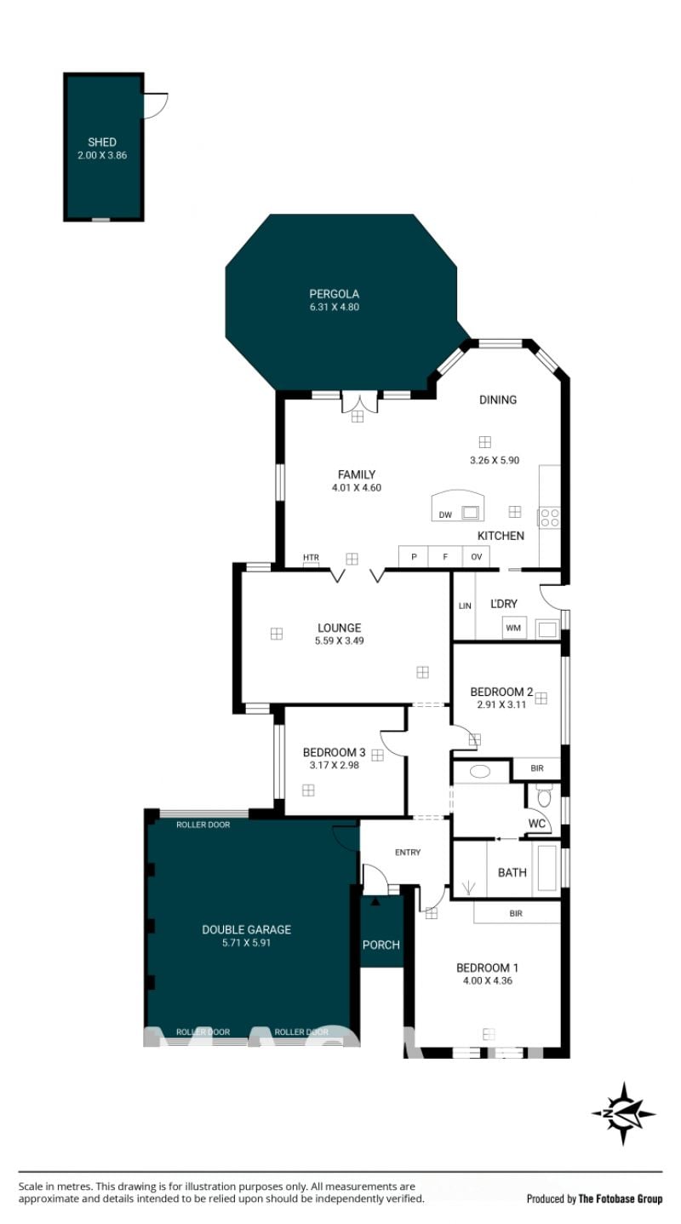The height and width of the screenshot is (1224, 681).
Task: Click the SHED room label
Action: [102, 142]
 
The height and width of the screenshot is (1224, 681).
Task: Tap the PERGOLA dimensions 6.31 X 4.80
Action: [335, 307]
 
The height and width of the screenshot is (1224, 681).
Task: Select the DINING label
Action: [497, 400]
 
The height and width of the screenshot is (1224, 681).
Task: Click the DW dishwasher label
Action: [445, 514]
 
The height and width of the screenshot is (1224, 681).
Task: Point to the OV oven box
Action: [476, 557]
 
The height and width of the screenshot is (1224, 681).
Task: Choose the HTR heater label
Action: [311, 557]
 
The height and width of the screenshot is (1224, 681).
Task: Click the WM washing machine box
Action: [513, 628]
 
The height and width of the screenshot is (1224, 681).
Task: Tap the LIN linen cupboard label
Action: [465, 606]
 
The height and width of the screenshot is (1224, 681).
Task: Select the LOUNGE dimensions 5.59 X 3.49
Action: [339, 641]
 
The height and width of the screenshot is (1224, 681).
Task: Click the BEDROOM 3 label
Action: [335, 752]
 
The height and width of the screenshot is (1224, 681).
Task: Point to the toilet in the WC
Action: [544, 796]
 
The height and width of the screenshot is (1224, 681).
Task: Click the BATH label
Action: [512, 873]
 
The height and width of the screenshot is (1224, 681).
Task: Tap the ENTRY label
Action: [408, 853]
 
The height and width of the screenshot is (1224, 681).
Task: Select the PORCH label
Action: [381, 945]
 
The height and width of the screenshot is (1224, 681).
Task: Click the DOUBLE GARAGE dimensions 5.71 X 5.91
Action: [246, 943]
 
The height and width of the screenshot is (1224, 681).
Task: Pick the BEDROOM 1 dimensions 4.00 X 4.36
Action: [488, 980]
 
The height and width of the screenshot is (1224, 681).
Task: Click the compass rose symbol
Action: [623, 1113]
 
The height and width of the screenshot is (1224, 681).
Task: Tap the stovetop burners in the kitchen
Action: [549, 518]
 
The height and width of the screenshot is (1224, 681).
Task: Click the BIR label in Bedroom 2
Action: [537, 768]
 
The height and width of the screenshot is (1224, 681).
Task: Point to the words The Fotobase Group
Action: [621, 1198]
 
